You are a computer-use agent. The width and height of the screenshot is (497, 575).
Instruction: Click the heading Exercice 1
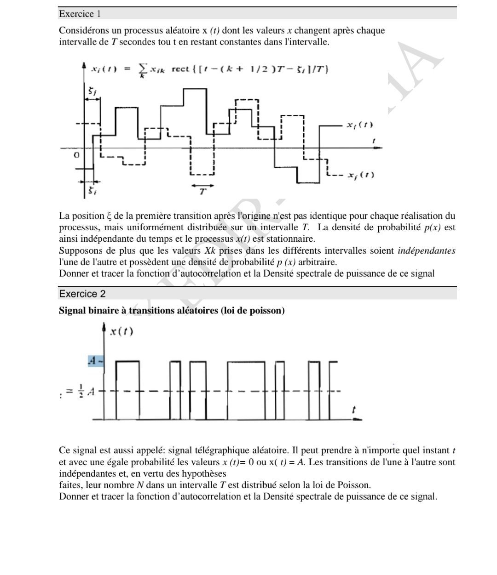point(76,14)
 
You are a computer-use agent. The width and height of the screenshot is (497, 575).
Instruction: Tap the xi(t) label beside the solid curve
point(360,125)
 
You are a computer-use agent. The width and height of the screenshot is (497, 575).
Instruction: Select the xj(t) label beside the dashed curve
point(361,175)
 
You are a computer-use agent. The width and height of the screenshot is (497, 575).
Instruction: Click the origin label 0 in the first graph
point(77,155)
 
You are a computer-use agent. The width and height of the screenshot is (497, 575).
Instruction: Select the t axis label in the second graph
point(353,410)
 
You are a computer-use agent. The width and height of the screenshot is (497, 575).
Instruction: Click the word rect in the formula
point(180,69)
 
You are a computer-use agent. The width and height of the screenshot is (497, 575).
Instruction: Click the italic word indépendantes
point(426,250)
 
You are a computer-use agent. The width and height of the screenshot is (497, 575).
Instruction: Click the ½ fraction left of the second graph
point(81,391)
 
